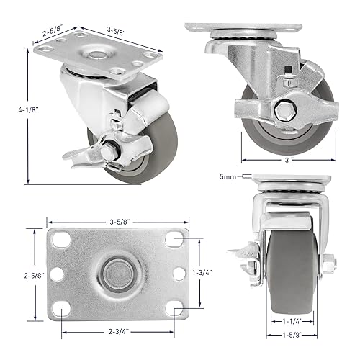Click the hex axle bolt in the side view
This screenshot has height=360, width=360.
pyautogui.click(x=281, y=109)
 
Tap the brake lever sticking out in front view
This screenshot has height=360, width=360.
pyautogui.click(x=237, y=253)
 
